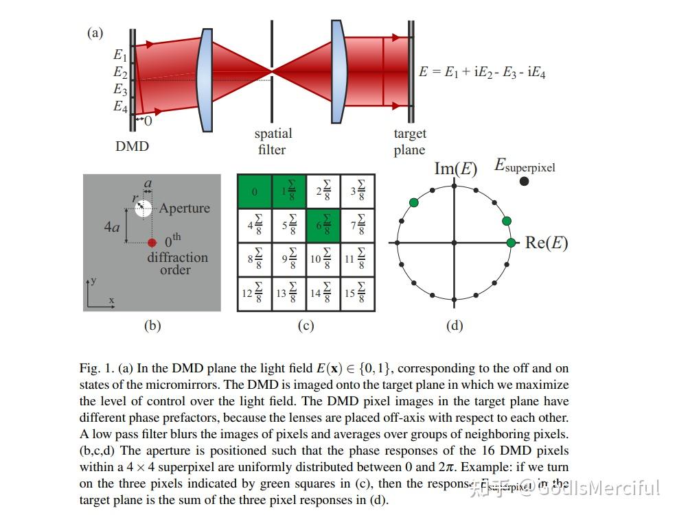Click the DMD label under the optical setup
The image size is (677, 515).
132,146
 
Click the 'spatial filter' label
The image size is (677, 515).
273,141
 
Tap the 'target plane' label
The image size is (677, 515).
409,141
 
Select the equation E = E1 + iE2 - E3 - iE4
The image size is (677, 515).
482,71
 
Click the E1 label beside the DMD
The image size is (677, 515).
120,55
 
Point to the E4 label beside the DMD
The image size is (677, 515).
120,106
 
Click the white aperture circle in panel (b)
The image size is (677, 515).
143,208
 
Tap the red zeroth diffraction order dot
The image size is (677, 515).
152,242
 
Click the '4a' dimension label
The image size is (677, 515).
112,226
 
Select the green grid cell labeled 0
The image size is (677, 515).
254,191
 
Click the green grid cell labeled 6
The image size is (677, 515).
323,225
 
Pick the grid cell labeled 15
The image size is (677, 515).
357,294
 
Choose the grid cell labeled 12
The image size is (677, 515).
254,294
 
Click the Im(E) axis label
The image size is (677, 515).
455,168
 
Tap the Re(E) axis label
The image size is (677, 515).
546,243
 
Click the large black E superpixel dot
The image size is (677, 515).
524,181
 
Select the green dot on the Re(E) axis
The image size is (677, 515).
511,243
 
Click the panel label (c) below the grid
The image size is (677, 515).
306,326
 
